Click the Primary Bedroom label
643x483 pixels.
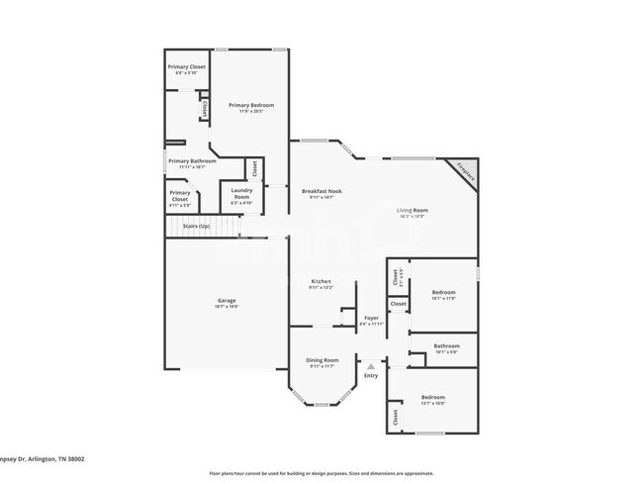point(250,105)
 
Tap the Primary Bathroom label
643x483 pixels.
point(192,160)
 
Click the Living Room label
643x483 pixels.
point(412,210)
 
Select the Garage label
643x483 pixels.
point(227,300)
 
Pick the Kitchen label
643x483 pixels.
point(321,282)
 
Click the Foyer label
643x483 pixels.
point(371,318)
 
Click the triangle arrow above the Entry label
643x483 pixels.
point(371,365)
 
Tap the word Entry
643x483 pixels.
point(371,375)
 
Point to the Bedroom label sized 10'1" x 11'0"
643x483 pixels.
point(443,292)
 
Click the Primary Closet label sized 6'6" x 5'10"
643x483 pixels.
point(185,67)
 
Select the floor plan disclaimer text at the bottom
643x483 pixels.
point(322,472)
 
